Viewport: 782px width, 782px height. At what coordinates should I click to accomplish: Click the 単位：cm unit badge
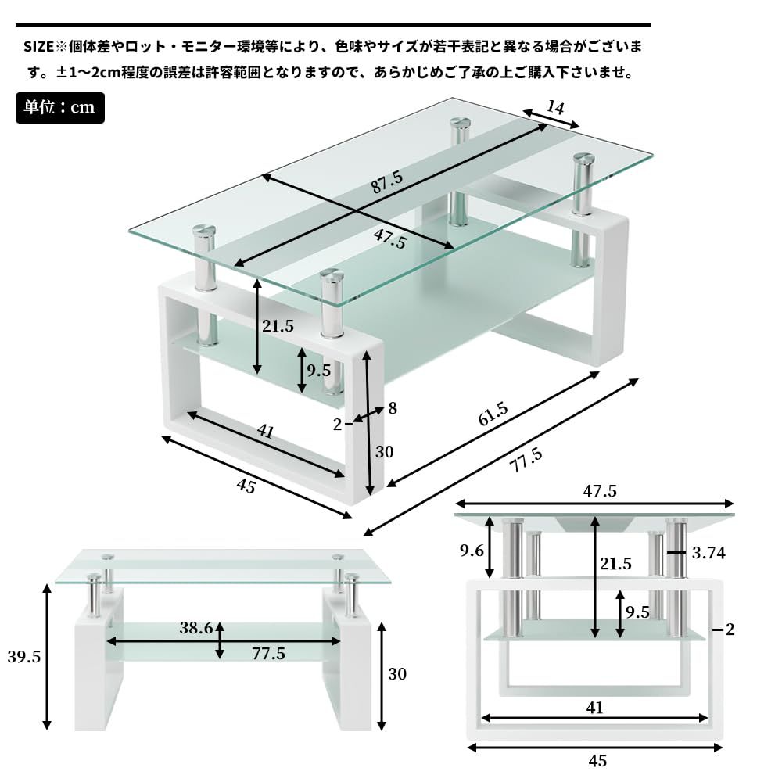[59, 107]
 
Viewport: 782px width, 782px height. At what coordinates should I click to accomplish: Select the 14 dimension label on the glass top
[555, 107]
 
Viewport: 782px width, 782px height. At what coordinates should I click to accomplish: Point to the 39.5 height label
[24, 657]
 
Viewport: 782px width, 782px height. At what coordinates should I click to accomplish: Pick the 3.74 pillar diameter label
[709, 554]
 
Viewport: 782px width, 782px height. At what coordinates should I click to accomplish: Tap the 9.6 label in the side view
[472, 551]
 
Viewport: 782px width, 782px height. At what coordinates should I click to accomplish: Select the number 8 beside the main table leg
[393, 407]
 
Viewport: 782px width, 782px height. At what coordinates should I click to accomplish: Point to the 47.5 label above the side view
[597, 491]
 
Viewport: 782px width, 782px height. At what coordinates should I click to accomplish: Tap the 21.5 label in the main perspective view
[278, 327]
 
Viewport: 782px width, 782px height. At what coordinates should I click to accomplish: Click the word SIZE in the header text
[38, 47]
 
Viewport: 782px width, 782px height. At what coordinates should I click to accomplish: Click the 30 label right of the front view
[397, 673]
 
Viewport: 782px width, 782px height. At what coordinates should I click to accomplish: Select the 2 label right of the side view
[730, 630]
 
